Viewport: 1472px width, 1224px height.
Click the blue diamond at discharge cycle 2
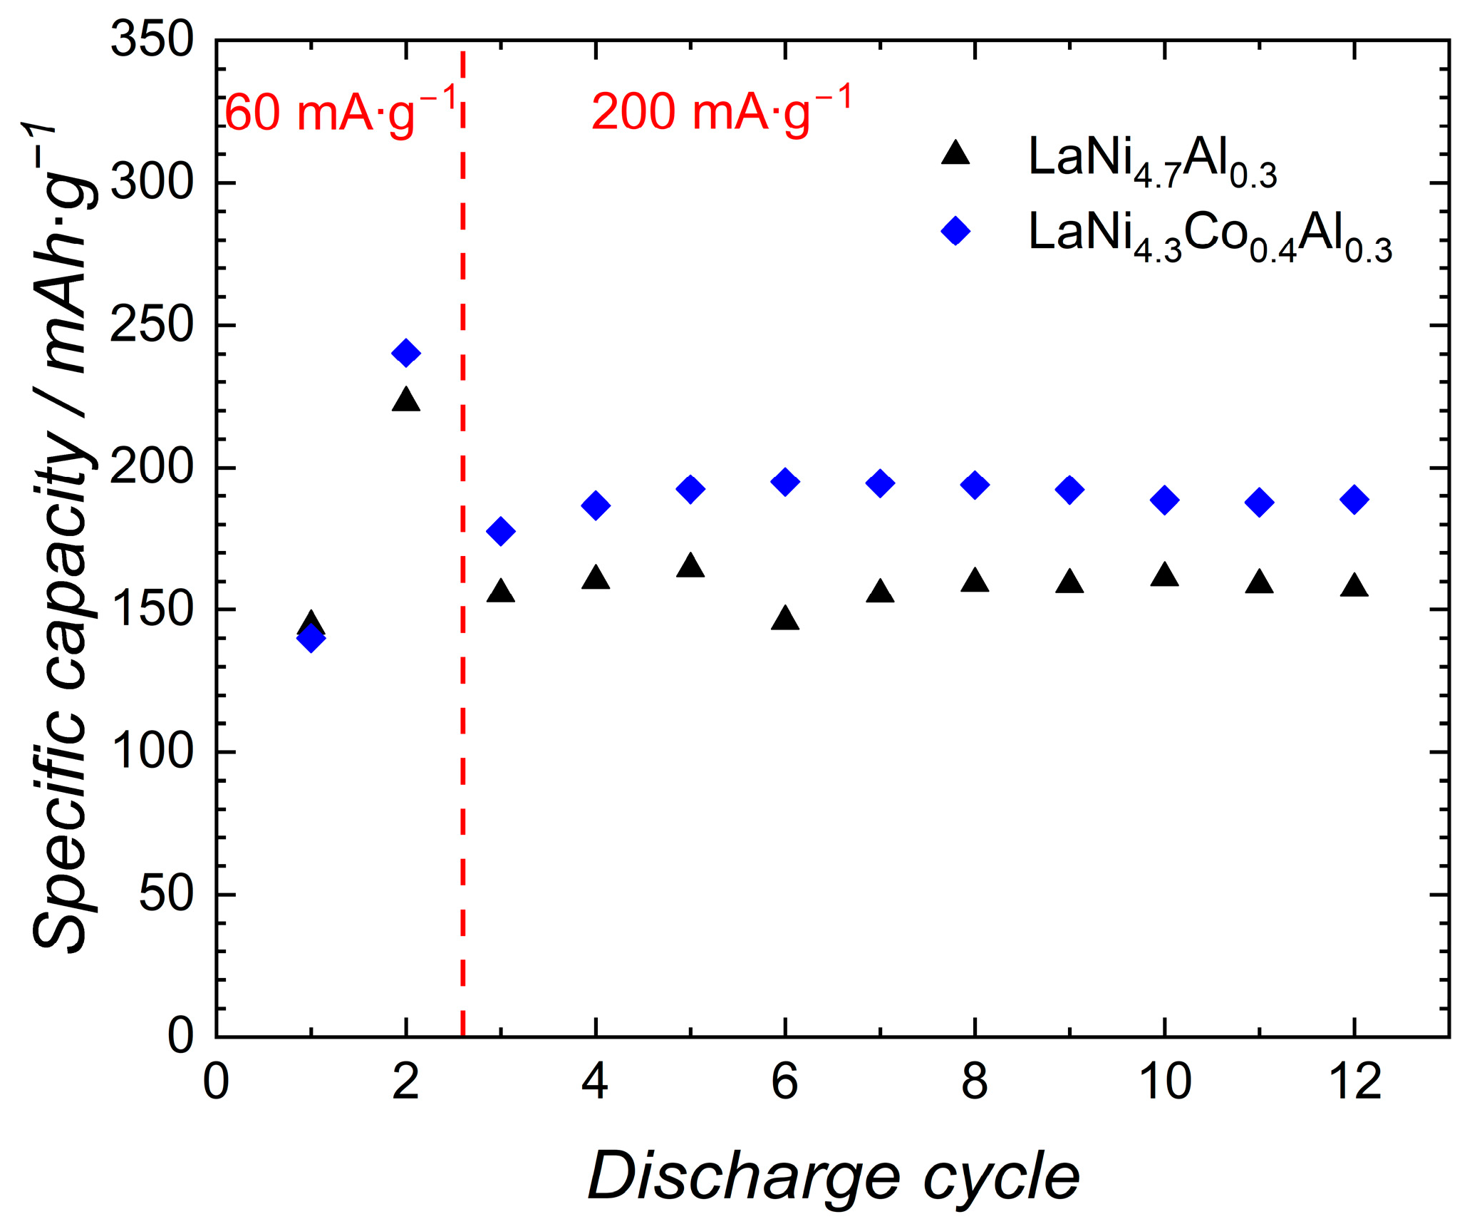(x=406, y=353)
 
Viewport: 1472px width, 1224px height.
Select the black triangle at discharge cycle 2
(x=406, y=401)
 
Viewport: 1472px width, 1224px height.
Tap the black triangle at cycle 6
(x=785, y=619)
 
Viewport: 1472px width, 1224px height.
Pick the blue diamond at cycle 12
(x=1354, y=500)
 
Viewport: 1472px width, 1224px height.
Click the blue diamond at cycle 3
(x=501, y=531)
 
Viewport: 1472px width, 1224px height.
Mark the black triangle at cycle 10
(x=1165, y=575)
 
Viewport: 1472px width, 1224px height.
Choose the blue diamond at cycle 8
(x=975, y=485)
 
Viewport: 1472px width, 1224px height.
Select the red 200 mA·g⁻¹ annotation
(x=721, y=112)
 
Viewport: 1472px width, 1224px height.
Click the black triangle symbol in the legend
(x=955, y=154)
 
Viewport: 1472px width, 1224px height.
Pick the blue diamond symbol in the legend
(x=955, y=231)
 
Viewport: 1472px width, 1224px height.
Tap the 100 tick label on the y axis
(x=152, y=751)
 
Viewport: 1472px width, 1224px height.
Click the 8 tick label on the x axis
(x=975, y=1081)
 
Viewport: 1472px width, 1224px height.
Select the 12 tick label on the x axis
(x=1354, y=1081)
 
